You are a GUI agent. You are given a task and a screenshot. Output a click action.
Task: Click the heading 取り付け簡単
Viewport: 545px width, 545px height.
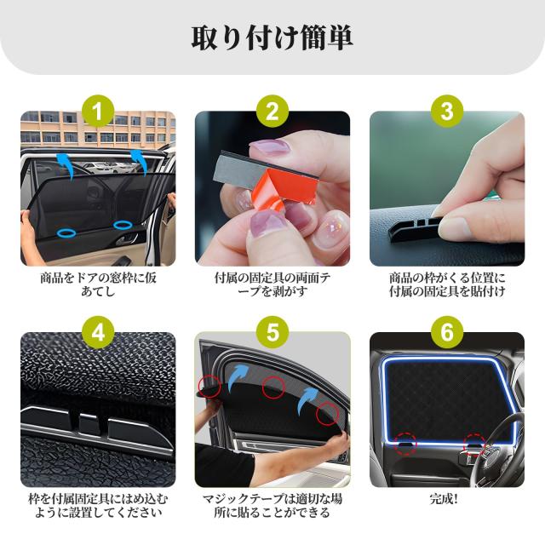pyautogui.click(x=272, y=38)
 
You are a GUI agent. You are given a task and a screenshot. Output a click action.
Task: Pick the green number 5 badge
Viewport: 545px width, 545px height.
pyautogui.click(x=272, y=333)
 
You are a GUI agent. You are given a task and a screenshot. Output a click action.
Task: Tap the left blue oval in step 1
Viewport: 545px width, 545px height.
pyautogui.click(x=66, y=230)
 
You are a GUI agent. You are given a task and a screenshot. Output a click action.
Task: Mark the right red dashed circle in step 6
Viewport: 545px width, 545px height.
pyautogui.click(x=473, y=442)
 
